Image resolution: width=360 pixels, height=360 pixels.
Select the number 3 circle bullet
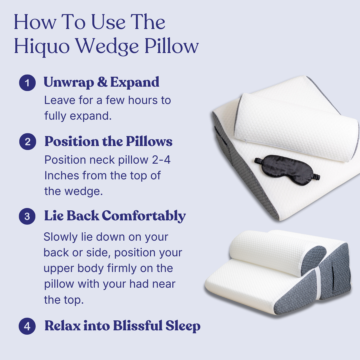(x=27, y=217)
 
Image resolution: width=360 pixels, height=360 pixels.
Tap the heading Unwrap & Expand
(x=101, y=82)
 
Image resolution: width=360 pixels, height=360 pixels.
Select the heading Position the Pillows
(x=108, y=142)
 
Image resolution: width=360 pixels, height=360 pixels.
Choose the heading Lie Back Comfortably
(x=115, y=216)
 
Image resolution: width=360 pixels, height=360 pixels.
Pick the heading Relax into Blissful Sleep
(x=122, y=326)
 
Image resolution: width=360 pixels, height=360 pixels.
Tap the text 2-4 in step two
(x=161, y=160)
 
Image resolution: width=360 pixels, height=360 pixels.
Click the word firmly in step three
(x=119, y=268)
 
